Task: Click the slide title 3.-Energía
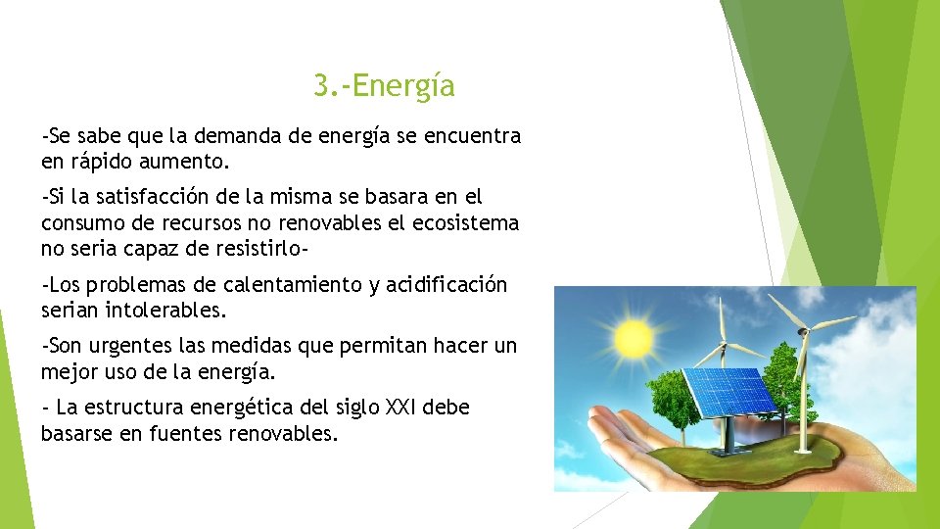tap(384, 86)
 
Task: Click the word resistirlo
tap(259, 248)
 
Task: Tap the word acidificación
tap(448, 285)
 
